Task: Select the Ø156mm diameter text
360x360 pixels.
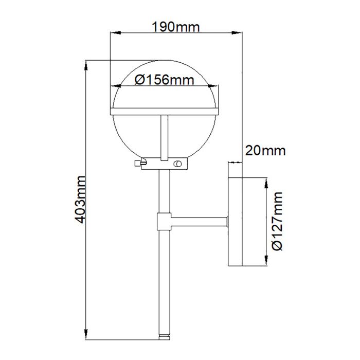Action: coord(164,80)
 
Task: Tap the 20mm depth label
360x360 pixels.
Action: coord(265,150)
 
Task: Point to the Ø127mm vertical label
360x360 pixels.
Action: coord(277,222)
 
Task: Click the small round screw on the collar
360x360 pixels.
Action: coord(178,164)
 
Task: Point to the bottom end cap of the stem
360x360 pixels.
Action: coord(164,336)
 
